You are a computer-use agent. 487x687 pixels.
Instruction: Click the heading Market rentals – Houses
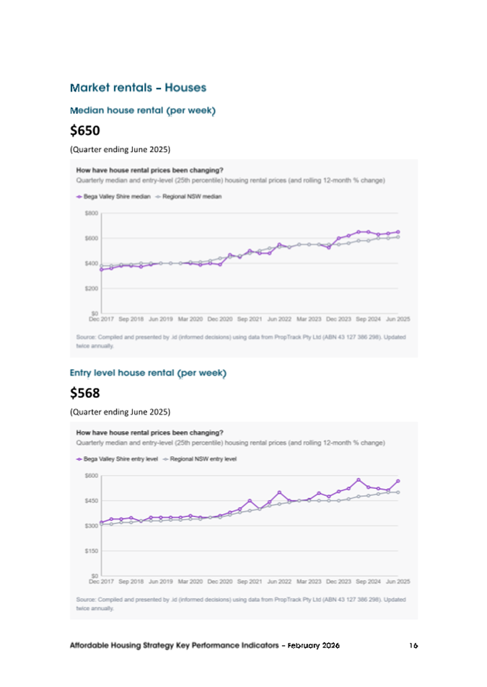click(138, 88)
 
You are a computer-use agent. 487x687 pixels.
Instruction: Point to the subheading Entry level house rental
click(148, 373)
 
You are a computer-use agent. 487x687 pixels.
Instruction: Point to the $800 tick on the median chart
click(91, 213)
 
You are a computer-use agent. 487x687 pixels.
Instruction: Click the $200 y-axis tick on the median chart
click(91, 288)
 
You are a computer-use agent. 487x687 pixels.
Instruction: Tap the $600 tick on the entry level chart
click(91, 476)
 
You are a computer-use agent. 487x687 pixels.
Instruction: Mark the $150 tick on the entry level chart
click(91, 551)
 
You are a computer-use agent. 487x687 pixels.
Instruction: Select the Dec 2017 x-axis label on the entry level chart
click(101, 580)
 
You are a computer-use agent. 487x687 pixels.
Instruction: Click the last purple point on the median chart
click(398, 232)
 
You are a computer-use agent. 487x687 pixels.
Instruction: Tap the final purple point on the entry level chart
click(398, 481)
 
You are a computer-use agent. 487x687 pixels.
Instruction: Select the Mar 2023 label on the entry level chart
click(309, 580)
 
